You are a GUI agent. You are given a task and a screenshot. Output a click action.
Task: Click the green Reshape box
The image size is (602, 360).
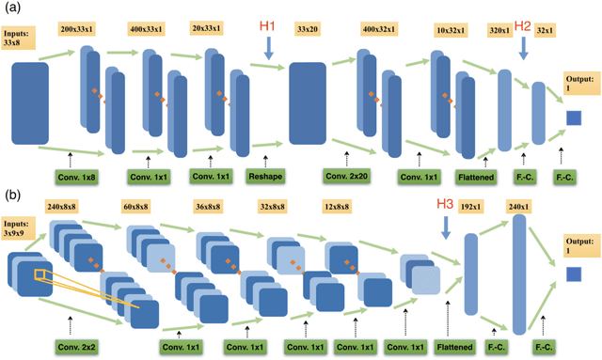coord(264,176)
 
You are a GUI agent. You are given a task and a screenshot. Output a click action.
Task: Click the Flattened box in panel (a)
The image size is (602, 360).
coord(477,176)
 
